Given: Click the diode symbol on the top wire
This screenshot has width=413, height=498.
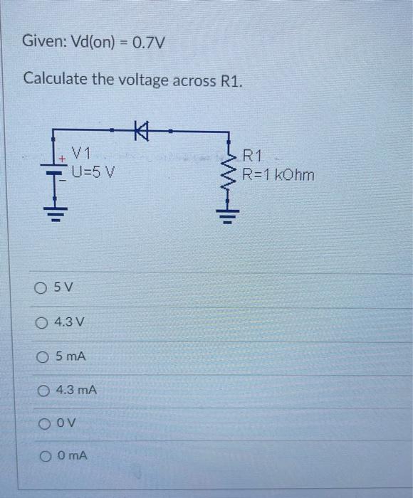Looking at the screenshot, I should pos(140,131).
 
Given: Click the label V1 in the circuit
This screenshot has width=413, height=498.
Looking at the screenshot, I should pos(82,152).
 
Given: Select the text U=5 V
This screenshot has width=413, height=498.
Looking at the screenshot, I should pos(93,172).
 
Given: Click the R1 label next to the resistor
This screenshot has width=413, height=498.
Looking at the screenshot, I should pos(253,156).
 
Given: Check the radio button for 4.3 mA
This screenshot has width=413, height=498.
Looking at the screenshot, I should pos(43,390).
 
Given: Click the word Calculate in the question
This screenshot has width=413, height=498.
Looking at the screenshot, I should pos(56,78).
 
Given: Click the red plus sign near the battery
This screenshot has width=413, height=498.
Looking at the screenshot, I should pos(63,157).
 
